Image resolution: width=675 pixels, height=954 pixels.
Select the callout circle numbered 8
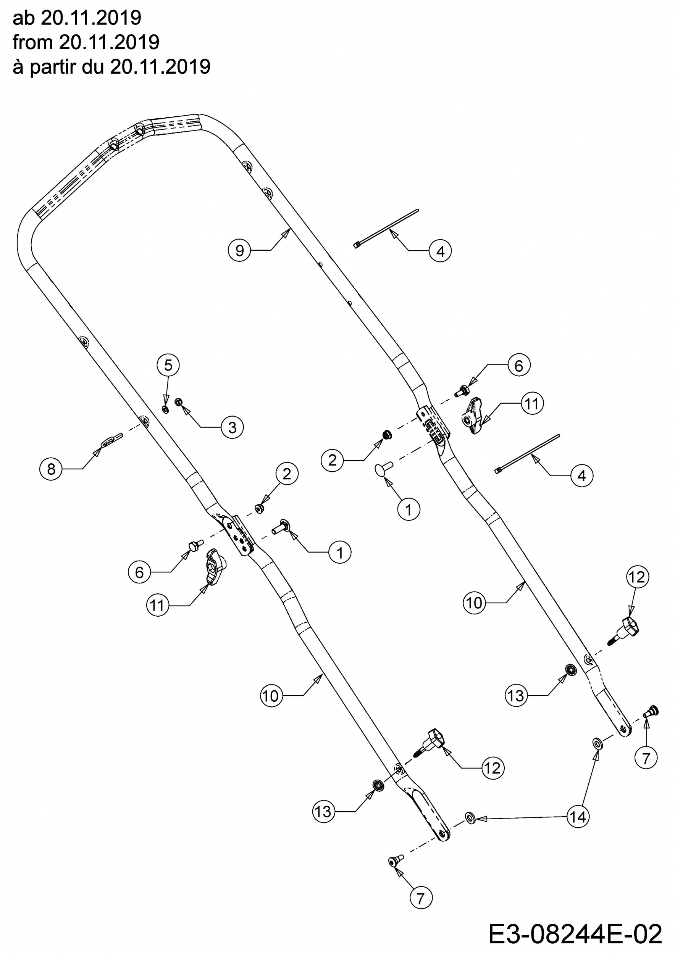pyautogui.click(x=51, y=469)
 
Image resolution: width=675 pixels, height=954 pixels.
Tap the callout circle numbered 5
pyautogui.click(x=168, y=365)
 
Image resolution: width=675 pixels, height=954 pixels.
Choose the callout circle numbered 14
pyautogui.click(x=578, y=817)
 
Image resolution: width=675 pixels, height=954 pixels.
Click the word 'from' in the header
pyautogui.click(x=33, y=42)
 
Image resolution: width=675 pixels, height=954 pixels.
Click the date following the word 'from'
pyautogui.click(x=109, y=42)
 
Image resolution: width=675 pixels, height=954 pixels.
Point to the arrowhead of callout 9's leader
pyautogui.click(x=286, y=233)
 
